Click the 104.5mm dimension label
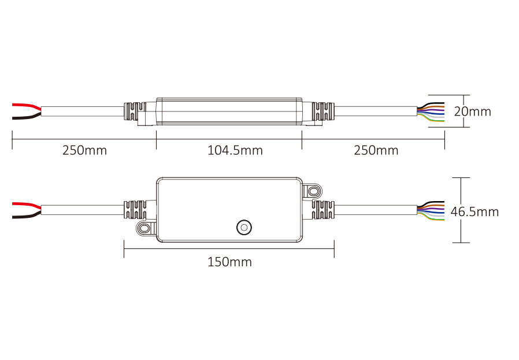click(x=235, y=151)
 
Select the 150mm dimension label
click(x=229, y=262)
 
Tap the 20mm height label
click(x=472, y=112)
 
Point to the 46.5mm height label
click(x=474, y=211)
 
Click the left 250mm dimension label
click(x=84, y=151)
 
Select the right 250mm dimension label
click(x=376, y=151)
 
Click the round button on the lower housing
click(x=244, y=227)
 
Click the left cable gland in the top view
click(x=135, y=111)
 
